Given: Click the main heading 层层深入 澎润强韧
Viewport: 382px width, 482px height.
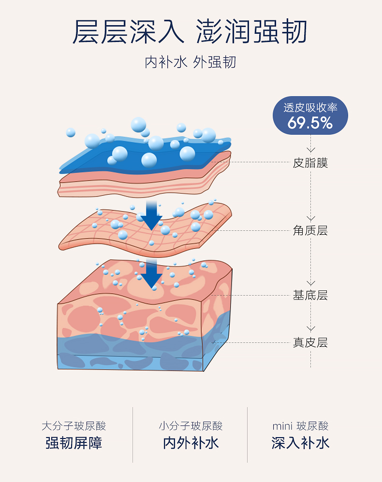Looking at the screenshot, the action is pos(190,32).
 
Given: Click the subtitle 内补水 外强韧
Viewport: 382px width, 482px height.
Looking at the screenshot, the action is pos(190,62).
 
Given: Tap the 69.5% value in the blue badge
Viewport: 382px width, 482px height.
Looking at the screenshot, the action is pos(310,123).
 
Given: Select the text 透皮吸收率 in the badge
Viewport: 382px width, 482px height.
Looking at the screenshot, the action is pos(310,108).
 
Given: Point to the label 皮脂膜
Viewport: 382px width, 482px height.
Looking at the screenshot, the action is pos(310,163).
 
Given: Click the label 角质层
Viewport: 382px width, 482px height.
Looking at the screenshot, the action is pos(310,230).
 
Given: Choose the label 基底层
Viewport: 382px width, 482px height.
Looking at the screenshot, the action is pos(310,295).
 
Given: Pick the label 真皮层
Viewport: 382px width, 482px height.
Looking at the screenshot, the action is pos(310,342).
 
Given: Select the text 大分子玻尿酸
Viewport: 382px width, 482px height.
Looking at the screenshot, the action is pos(73,426).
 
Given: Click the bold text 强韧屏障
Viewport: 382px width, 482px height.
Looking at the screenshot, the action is pos(73,443).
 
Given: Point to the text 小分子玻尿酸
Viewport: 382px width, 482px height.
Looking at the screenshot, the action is pos(191,426).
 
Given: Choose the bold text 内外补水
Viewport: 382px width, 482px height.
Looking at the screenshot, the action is pos(191,443).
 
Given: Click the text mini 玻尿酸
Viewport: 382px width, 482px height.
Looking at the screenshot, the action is pos(300,426).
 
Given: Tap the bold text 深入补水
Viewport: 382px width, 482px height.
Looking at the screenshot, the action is pos(300,443).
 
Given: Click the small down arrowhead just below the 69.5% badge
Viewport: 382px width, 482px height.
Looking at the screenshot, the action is pos(311,150).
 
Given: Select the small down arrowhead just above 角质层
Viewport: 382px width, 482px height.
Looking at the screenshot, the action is pos(311,218).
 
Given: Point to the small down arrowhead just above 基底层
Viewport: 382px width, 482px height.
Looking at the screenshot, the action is pos(311,283).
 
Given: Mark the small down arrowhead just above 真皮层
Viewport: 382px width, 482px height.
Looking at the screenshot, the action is pos(311,329).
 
